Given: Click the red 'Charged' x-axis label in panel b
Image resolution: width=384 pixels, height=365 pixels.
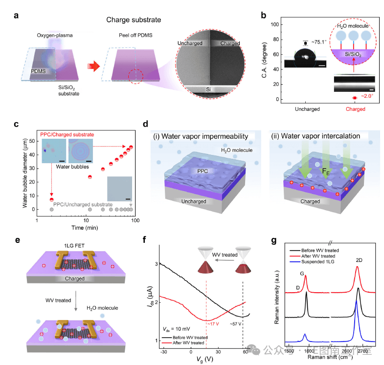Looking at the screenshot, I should pyautogui.click(x=355, y=109).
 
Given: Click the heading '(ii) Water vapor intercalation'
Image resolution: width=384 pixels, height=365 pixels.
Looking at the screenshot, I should pyautogui.click(x=312, y=135).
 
